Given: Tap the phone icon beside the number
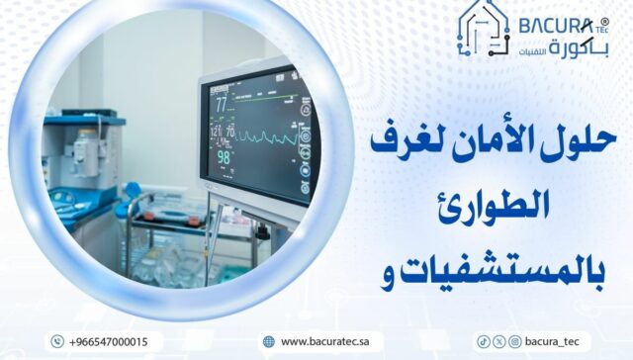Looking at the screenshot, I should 56,341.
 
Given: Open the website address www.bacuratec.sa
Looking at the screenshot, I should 323,341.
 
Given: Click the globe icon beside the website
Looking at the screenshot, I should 268,341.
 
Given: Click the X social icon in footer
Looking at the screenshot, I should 498,341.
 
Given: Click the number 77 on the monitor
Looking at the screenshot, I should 222,102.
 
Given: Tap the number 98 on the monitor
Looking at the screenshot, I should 225,157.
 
